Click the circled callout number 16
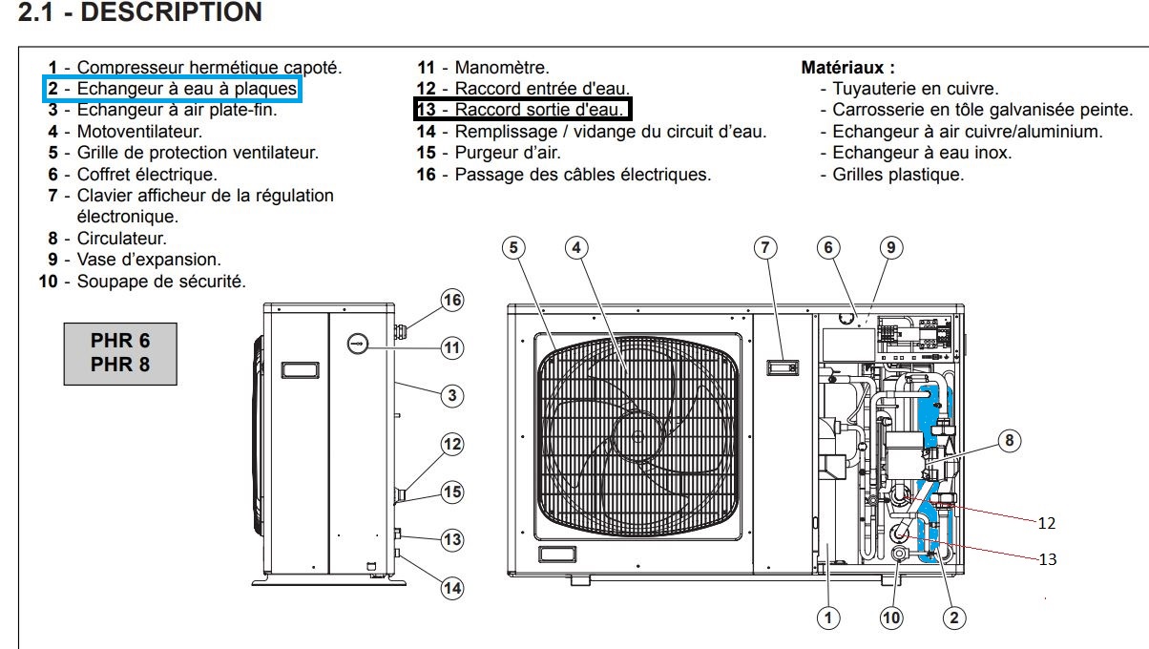point(451,301)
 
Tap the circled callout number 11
point(451,348)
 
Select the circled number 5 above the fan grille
point(513,248)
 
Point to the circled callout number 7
point(763,248)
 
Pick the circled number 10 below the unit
point(891,618)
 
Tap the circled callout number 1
point(829,618)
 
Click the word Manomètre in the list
point(502,68)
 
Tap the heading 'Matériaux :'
point(847,68)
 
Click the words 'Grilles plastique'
point(898,175)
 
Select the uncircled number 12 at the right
point(1047,523)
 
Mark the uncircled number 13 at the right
point(1047,559)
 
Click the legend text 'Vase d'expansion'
point(149,259)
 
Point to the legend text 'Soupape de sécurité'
point(161,281)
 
